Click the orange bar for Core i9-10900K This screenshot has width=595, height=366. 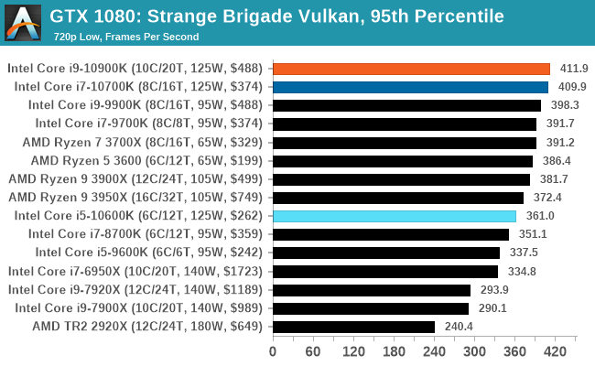[x=411, y=69]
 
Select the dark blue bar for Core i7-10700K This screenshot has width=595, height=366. [x=410, y=87]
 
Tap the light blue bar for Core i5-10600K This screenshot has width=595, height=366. [x=394, y=216]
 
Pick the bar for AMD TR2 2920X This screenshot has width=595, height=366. [x=353, y=327]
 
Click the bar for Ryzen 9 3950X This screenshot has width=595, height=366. [x=397, y=198]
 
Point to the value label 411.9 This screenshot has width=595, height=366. [x=574, y=69]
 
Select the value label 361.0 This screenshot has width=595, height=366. [x=539, y=216]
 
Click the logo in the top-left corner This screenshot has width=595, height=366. [x=24, y=22]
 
